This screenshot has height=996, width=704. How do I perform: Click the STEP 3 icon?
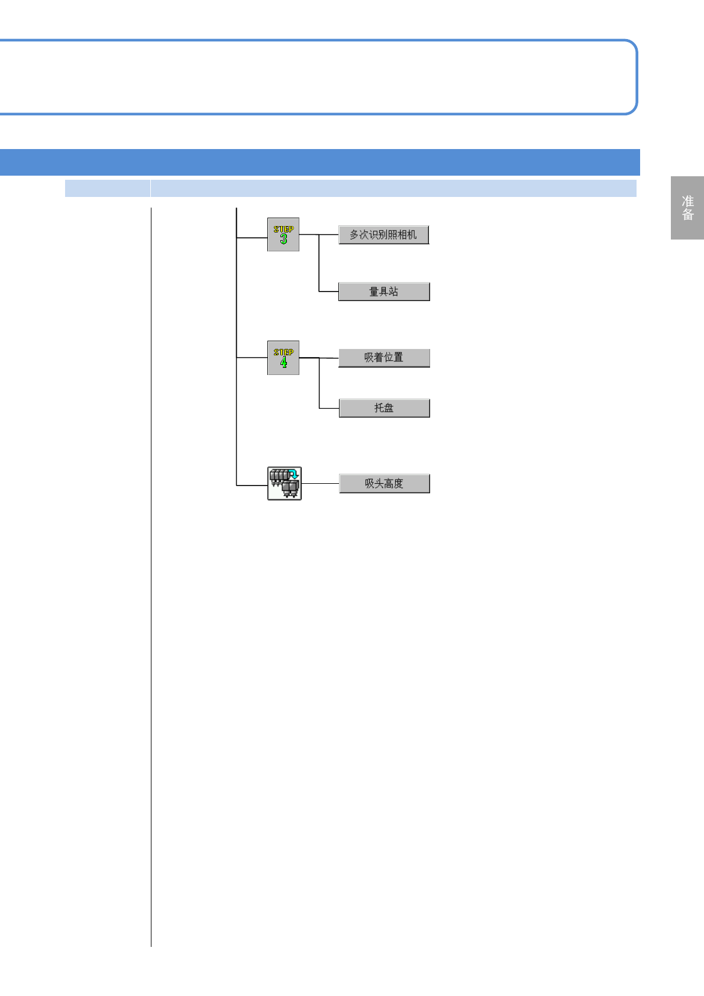click(283, 235)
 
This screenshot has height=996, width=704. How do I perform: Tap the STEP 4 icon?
click(283, 358)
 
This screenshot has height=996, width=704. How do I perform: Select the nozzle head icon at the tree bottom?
click(285, 483)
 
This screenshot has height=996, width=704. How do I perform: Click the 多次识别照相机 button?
click(383, 235)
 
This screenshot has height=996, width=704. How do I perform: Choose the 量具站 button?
click(384, 292)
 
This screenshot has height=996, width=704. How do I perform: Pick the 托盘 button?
click(384, 408)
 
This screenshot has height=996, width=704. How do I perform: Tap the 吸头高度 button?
click(384, 484)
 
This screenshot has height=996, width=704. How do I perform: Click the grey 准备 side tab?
click(687, 208)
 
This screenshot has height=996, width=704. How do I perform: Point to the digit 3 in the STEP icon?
click(283, 239)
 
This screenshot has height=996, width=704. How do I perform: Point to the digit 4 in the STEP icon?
click(283, 362)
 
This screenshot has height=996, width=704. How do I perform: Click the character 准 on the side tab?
click(687, 201)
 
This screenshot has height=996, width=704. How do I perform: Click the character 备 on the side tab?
click(687, 215)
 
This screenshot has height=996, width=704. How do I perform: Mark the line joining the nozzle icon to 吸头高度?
click(320, 483)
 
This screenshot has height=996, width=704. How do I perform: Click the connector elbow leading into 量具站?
click(319, 291)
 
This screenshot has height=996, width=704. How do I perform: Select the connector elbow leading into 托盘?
click(319, 408)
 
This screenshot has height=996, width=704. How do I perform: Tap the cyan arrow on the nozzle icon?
click(293, 474)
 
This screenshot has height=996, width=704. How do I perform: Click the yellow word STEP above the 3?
click(283, 229)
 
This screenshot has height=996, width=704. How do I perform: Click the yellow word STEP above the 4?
click(283, 352)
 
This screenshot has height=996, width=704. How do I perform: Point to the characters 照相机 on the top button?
click(402, 235)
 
